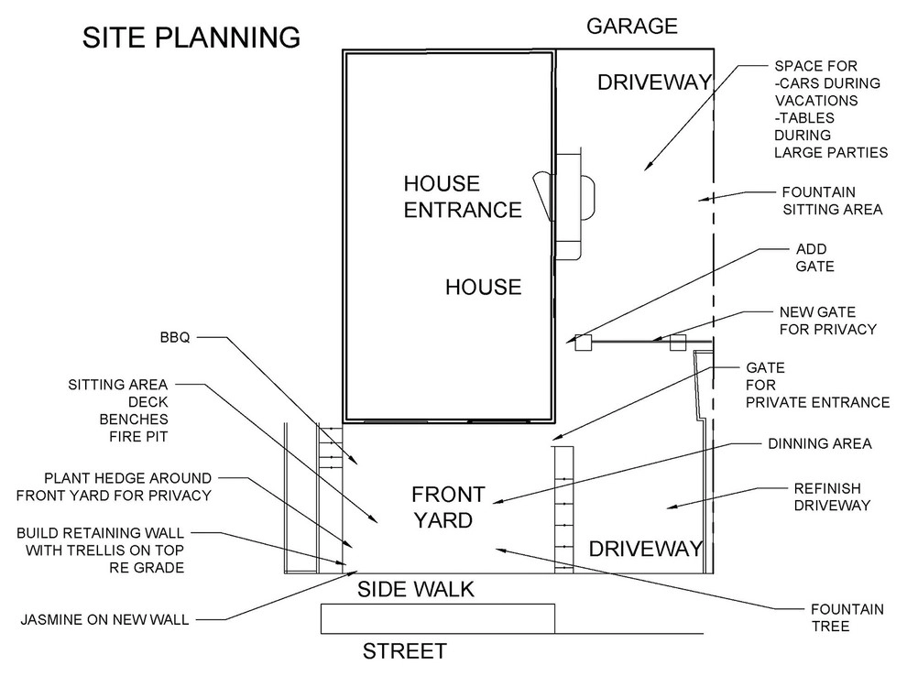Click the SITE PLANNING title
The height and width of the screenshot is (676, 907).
point(191,38)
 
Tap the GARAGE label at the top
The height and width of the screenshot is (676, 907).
point(631,26)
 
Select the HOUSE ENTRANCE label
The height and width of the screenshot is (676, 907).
point(463,197)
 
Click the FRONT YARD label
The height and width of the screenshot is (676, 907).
point(448,507)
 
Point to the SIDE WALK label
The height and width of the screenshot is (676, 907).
point(415,589)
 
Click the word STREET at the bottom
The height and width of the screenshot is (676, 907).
point(404,651)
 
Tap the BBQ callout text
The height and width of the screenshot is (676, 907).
point(175,337)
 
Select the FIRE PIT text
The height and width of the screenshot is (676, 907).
point(139,437)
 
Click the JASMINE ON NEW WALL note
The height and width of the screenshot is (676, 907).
point(104,620)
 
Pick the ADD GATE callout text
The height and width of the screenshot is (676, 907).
point(815,258)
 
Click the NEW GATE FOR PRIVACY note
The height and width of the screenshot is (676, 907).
point(828,321)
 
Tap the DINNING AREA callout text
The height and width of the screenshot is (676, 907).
point(820,443)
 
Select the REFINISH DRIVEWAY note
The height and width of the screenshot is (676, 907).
point(832,496)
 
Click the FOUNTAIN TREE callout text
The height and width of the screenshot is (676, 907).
point(847,617)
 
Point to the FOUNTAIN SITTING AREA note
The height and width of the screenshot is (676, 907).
point(832,201)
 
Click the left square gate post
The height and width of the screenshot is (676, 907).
point(583,343)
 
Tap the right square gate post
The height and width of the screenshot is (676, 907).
point(678,343)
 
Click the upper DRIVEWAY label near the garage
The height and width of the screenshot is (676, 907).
point(654,82)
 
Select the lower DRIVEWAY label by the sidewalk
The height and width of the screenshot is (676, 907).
point(646,549)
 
